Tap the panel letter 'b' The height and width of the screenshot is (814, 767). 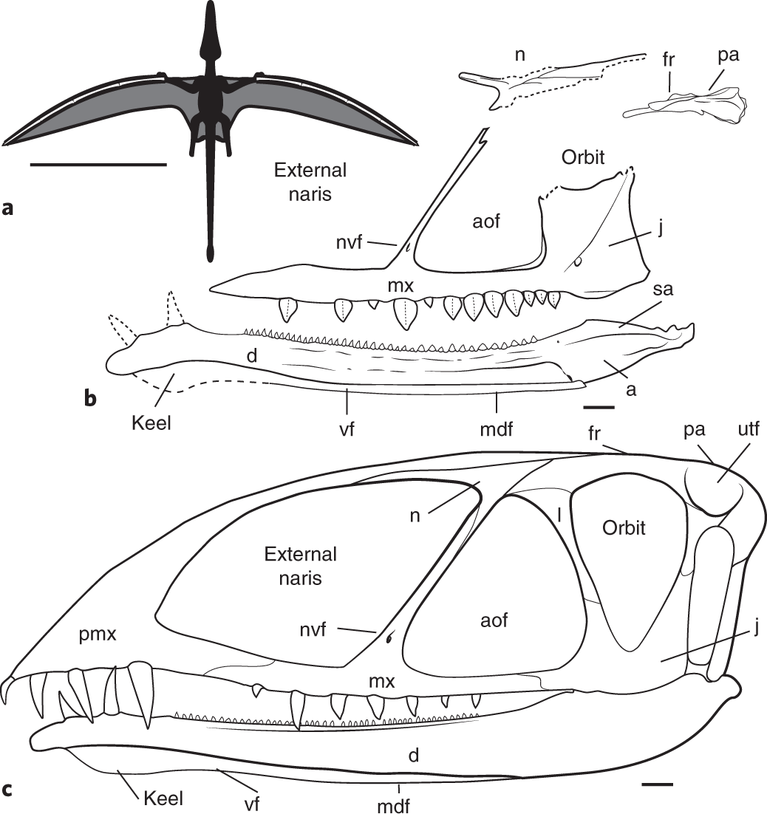(x=90, y=399)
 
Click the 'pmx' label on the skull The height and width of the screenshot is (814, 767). (x=92, y=634)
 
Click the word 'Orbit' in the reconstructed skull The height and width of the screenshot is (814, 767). (x=624, y=528)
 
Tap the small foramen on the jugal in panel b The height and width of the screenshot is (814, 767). (x=578, y=260)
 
